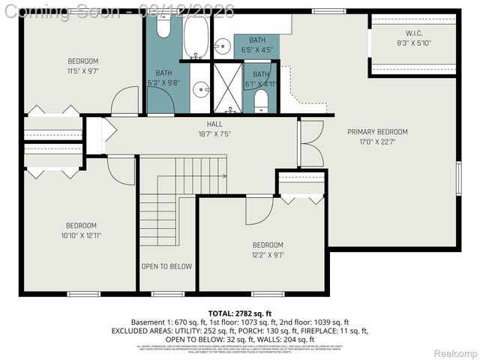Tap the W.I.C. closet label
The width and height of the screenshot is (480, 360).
[x=414, y=33]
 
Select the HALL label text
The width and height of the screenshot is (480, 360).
[x=214, y=124]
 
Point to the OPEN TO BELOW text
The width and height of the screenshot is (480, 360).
[x=166, y=266]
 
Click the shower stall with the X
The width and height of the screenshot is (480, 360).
[x=228, y=87]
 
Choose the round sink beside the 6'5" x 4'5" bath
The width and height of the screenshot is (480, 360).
[x=223, y=46]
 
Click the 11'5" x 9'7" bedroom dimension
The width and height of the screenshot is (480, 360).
[x=83, y=71]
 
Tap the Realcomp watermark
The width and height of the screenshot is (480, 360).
[x=455, y=352]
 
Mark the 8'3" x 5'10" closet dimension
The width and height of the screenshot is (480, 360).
[x=414, y=43]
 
